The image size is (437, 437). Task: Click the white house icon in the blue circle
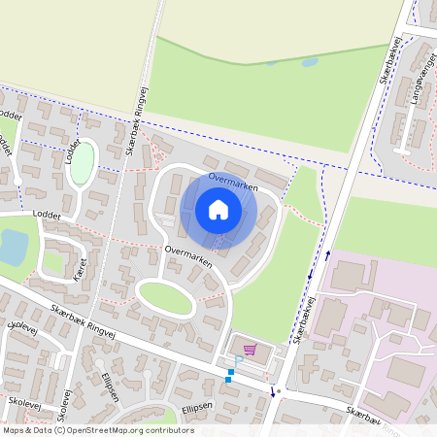pyautogui.click(x=218, y=209)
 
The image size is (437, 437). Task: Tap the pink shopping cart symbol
pyautogui.click(x=251, y=350)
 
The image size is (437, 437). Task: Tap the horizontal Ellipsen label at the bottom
pyautogui.click(x=195, y=407)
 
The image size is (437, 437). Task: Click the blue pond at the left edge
pyautogui.click(x=13, y=248)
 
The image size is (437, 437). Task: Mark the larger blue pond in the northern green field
pyautogui.click(x=310, y=62)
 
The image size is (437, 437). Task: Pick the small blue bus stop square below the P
pyautogui.click(x=229, y=379)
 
